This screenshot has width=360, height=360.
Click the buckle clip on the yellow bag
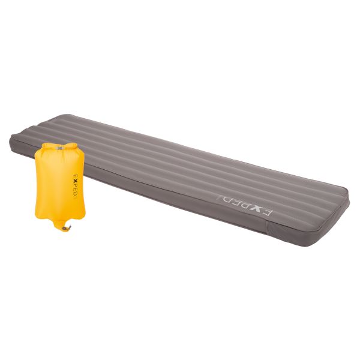pyautogui.click(x=59, y=148)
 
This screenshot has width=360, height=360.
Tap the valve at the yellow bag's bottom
pyautogui.click(x=67, y=228)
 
